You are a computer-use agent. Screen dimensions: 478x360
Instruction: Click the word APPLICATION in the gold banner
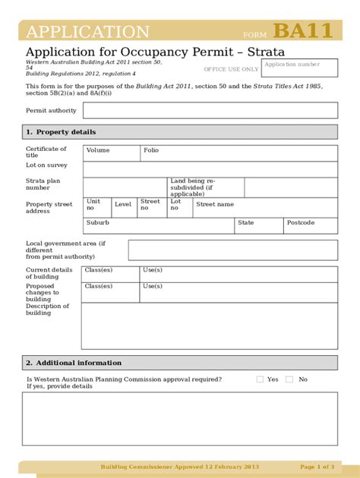point(88,33)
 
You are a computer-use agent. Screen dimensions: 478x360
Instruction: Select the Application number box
point(299,68)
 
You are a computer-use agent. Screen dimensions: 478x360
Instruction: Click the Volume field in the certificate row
point(111,153)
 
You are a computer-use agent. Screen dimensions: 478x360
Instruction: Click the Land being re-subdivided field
point(205,187)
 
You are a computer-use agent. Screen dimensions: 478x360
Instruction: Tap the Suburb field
point(158,225)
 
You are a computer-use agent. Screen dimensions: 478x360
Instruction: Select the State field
point(258,225)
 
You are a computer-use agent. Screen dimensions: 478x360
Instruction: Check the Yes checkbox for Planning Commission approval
point(260,379)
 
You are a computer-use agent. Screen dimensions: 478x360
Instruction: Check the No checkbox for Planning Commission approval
point(289,379)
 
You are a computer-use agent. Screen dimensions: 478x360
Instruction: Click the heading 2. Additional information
point(73,363)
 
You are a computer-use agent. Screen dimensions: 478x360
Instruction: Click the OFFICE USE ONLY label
point(231,69)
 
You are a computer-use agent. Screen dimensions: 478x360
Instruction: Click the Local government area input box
point(232,250)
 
